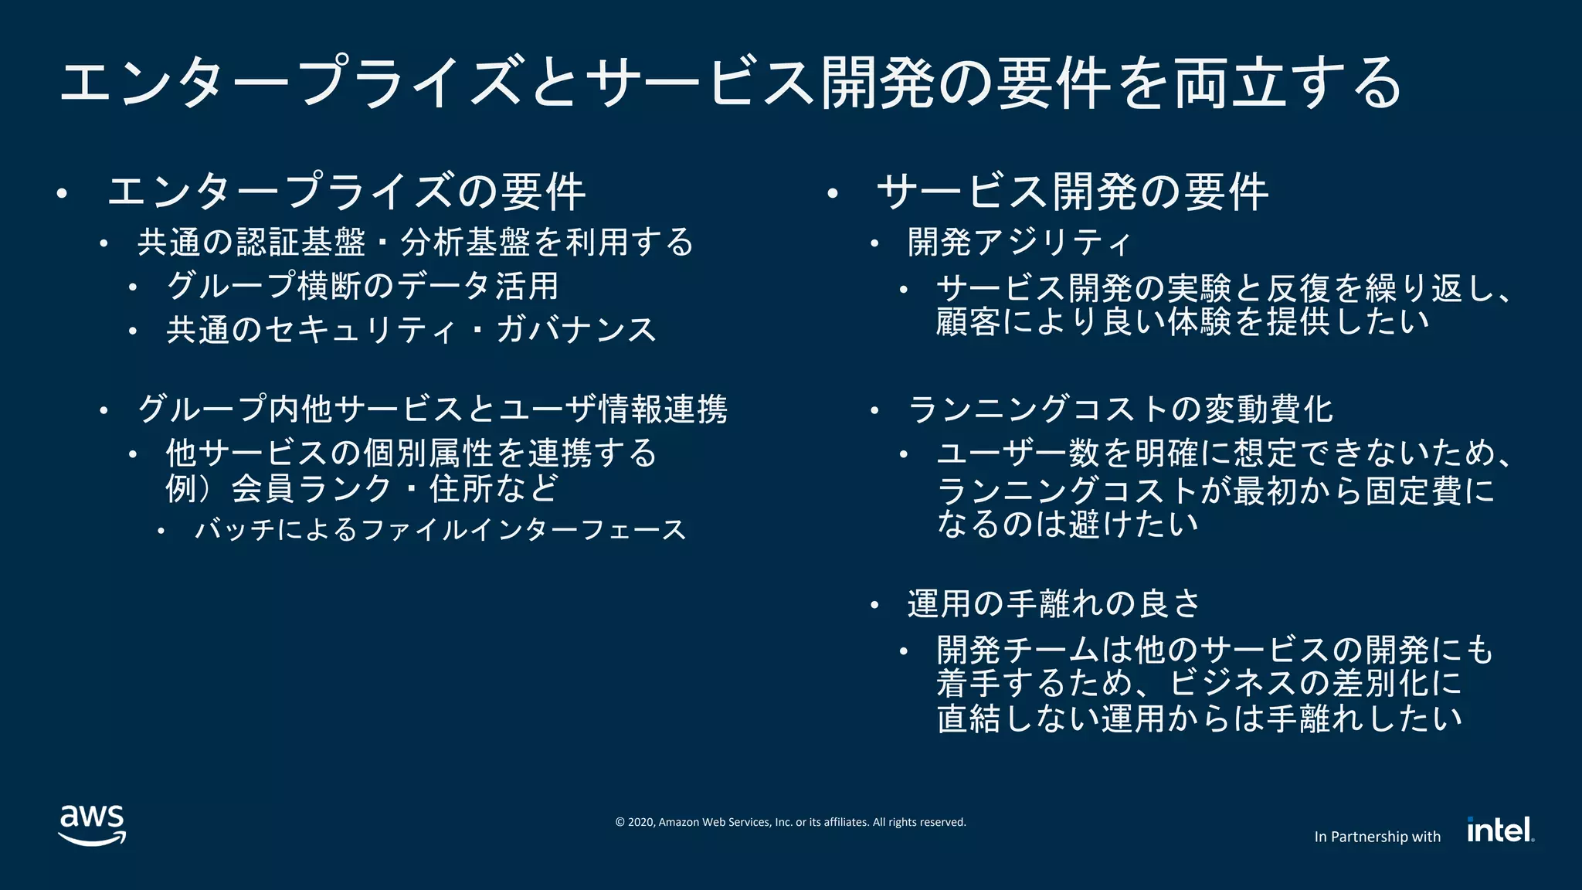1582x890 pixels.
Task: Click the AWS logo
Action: pos(92,825)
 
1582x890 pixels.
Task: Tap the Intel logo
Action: pos(1500,830)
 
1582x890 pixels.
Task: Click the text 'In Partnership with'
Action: pos(1377,837)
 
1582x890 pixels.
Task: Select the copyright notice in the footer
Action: pos(790,822)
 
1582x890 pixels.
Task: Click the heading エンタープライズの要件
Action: pos(346,192)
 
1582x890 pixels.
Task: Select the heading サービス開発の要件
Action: pos(1072,192)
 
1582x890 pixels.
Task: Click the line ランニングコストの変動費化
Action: pos(1120,409)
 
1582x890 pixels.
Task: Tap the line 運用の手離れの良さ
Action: pos(1054,604)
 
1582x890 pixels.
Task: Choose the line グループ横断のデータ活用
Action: pos(362,286)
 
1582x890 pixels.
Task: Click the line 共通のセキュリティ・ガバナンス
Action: pos(411,330)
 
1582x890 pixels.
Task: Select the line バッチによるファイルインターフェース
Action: pos(440,530)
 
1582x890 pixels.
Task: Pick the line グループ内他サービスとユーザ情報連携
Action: pos(433,409)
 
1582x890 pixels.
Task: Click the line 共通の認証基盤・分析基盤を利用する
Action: pos(416,243)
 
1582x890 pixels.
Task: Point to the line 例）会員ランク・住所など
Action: pos(362,488)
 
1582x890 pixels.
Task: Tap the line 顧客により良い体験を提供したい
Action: pos(1182,322)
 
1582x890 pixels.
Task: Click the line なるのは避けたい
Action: pos(1068,524)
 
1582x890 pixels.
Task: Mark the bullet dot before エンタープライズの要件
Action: pos(63,194)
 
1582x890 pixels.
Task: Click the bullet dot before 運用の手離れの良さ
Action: pos(874,606)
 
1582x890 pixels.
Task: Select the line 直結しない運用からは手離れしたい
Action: pos(1199,718)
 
